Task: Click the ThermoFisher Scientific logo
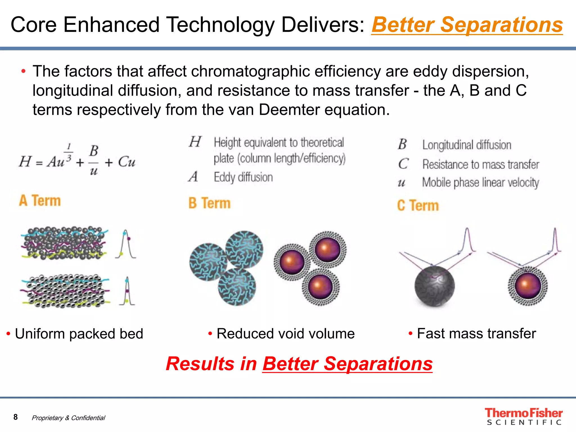click(x=523, y=416)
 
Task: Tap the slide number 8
click(x=15, y=417)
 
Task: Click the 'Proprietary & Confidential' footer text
click(x=68, y=418)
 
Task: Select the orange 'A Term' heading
click(x=40, y=201)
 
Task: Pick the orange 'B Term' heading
click(x=210, y=203)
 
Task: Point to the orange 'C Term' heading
click(x=418, y=205)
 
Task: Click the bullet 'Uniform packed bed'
click(x=79, y=334)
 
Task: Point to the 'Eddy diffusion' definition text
click(x=243, y=177)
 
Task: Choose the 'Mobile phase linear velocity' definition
click(x=480, y=183)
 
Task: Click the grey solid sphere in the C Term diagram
click(x=434, y=286)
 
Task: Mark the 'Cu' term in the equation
click(x=127, y=162)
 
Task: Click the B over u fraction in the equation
click(x=94, y=160)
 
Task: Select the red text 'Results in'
click(x=211, y=364)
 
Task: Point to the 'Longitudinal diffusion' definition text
click(x=467, y=145)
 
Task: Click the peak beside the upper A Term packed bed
click(x=126, y=244)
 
